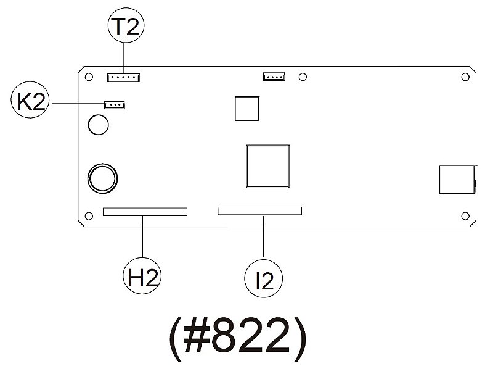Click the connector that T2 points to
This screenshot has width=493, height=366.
click(x=123, y=77)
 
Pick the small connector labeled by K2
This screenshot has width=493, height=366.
click(x=115, y=105)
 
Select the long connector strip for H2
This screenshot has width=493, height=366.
click(x=145, y=212)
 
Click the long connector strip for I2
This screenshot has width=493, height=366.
click(x=259, y=210)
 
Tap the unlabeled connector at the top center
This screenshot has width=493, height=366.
click(x=274, y=76)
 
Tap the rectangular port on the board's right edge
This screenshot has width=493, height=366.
click(x=457, y=179)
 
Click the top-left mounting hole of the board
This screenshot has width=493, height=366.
click(x=89, y=77)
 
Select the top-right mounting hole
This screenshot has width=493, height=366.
click(x=465, y=77)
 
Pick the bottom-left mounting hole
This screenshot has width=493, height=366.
click(x=89, y=216)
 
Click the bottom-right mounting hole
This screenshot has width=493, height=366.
click(x=465, y=216)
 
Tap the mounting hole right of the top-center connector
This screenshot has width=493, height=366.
click(x=303, y=77)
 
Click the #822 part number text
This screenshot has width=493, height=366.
click(x=238, y=339)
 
